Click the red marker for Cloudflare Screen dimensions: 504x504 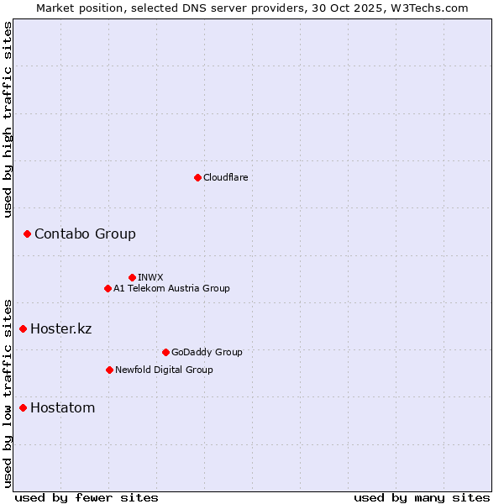pyautogui.click(x=197, y=177)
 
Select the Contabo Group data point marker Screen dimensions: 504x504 pyautogui.click(x=27, y=234)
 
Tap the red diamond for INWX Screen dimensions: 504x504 pyautogui.click(x=132, y=277)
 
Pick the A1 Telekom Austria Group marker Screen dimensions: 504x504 pyautogui.click(x=108, y=288)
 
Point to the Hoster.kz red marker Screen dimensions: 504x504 pyautogui.click(x=23, y=328)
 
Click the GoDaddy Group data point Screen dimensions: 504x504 pyautogui.click(x=165, y=352)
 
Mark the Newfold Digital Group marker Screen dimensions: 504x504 pyautogui.click(x=109, y=370)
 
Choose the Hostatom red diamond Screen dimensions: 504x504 pyautogui.click(x=23, y=408)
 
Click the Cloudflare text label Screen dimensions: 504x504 pyautogui.click(x=225, y=177)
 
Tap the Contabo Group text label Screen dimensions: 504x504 pyautogui.click(x=85, y=234)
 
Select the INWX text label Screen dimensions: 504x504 pyautogui.click(x=150, y=277)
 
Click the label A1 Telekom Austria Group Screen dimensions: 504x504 pyautogui.click(x=171, y=288)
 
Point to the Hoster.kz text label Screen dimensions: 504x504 pyautogui.click(x=60, y=328)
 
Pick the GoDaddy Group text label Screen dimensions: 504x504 pyautogui.click(x=207, y=352)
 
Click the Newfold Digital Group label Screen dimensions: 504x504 pyautogui.click(x=164, y=370)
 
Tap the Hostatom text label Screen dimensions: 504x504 pyautogui.click(x=62, y=408)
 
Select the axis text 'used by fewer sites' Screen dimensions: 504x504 pyautogui.click(x=87, y=497)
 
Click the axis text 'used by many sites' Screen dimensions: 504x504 pyautogui.click(x=422, y=497)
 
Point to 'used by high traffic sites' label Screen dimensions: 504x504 pyautogui.click(x=8, y=119)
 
